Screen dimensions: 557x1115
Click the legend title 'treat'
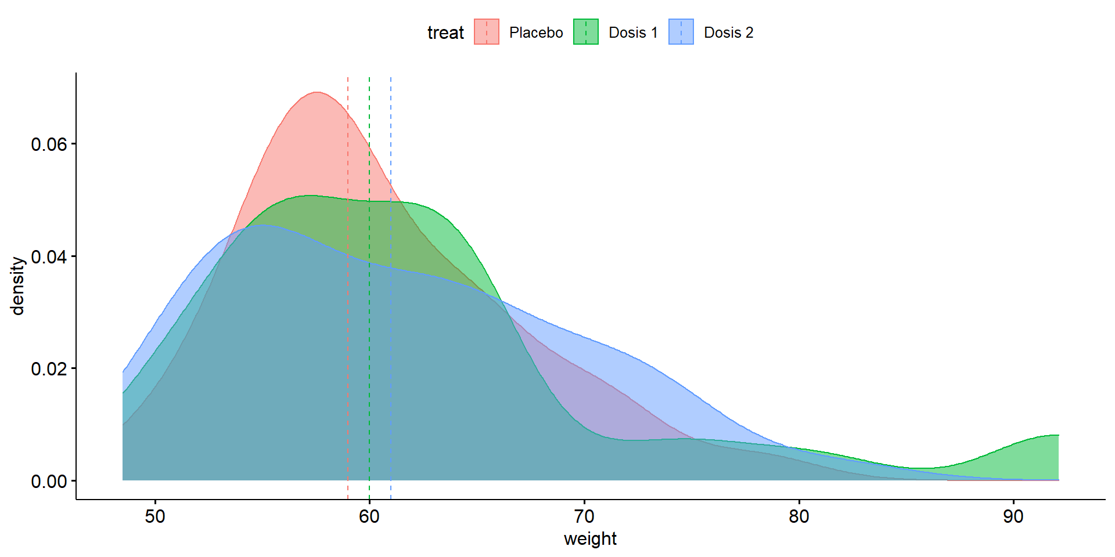pos(445,32)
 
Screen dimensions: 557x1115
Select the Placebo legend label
pos(535,32)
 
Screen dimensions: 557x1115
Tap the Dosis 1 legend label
pos(633,32)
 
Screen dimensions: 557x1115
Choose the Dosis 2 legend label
pos(728,32)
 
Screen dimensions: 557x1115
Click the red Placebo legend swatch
pos(487,32)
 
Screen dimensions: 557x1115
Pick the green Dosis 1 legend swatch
pos(586,32)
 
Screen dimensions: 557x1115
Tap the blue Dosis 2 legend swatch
pos(681,32)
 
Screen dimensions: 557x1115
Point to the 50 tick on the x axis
pos(155,516)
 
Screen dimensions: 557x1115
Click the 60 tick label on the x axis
pos(369,516)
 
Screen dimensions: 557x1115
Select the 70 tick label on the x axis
pos(584,516)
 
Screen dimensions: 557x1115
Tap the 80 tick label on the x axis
pos(799,516)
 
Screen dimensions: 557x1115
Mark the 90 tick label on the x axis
pos(1013,516)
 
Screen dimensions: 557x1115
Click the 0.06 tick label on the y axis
pos(49,144)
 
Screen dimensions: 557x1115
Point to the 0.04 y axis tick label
pos(49,256)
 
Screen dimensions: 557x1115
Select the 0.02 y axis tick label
pos(49,368)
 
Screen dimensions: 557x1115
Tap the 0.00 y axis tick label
pos(49,481)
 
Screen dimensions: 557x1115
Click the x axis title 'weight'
pos(590,539)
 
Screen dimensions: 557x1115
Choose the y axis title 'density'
pos(19,286)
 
